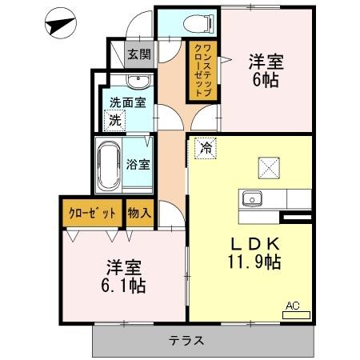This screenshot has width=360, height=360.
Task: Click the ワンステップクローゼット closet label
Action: click(x=201, y=70)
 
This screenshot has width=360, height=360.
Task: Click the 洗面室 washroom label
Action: click(x=127, y=102)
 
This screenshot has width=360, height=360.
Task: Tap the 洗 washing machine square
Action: click(x=114, y=121)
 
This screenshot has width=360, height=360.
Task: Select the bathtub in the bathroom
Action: click(x=108, y=166)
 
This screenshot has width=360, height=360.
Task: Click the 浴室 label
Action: click(x=138, y=165)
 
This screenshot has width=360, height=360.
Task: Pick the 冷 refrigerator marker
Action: click(x=206, y=148)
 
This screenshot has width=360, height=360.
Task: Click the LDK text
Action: click(x=255, y=242)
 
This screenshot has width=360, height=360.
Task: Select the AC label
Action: click(x=294, y=304)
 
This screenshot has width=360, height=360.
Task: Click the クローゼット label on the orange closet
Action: click(x=90, y=213)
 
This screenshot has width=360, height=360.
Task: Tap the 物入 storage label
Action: click(x=139, y=213)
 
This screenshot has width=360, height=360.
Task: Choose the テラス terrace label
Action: click(x=186, y=341)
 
